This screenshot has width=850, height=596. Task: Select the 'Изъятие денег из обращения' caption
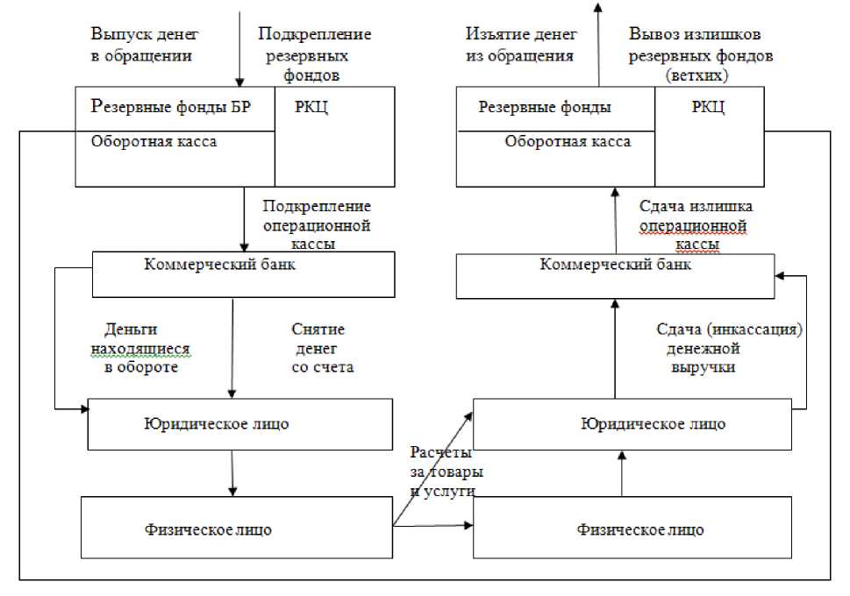point(520,45)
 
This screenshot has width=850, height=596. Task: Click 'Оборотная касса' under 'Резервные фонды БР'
point(154,142)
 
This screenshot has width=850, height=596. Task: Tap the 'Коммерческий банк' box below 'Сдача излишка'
point(615,275)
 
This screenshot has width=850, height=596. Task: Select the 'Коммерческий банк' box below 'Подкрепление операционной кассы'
point(244,274)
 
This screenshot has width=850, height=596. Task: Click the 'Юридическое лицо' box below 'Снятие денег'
point(239,425)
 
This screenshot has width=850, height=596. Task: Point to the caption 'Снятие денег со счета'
point(321,348)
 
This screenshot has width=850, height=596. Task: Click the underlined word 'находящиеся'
point(140,348)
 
